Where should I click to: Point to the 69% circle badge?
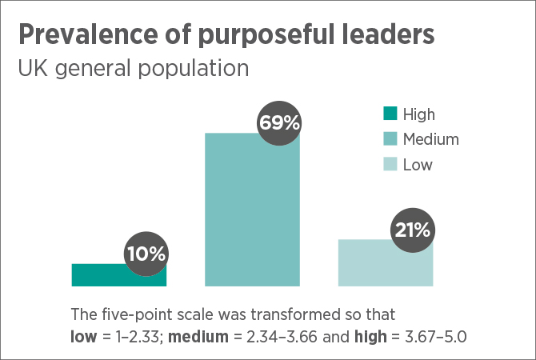tap(279, 123)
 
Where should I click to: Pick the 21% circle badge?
tap(412, 230)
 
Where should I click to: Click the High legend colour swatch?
tap(390, 114)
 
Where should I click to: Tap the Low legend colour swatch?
tap(390, 165)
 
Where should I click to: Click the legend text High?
tap(419, 114)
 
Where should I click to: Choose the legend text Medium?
tap(431, 140)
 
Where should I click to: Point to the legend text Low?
tap(418, 165)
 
